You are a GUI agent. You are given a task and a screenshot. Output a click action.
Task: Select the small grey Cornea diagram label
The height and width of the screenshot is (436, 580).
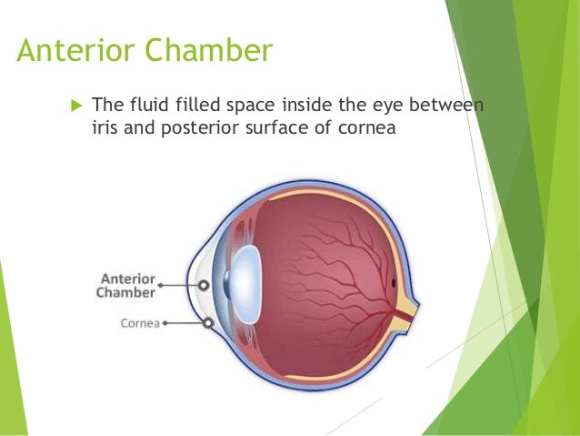140,323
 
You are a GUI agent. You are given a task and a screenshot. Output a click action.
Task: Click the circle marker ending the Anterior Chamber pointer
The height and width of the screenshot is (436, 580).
204,285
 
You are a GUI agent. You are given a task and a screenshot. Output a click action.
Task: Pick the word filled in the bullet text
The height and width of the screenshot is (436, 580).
194,108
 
